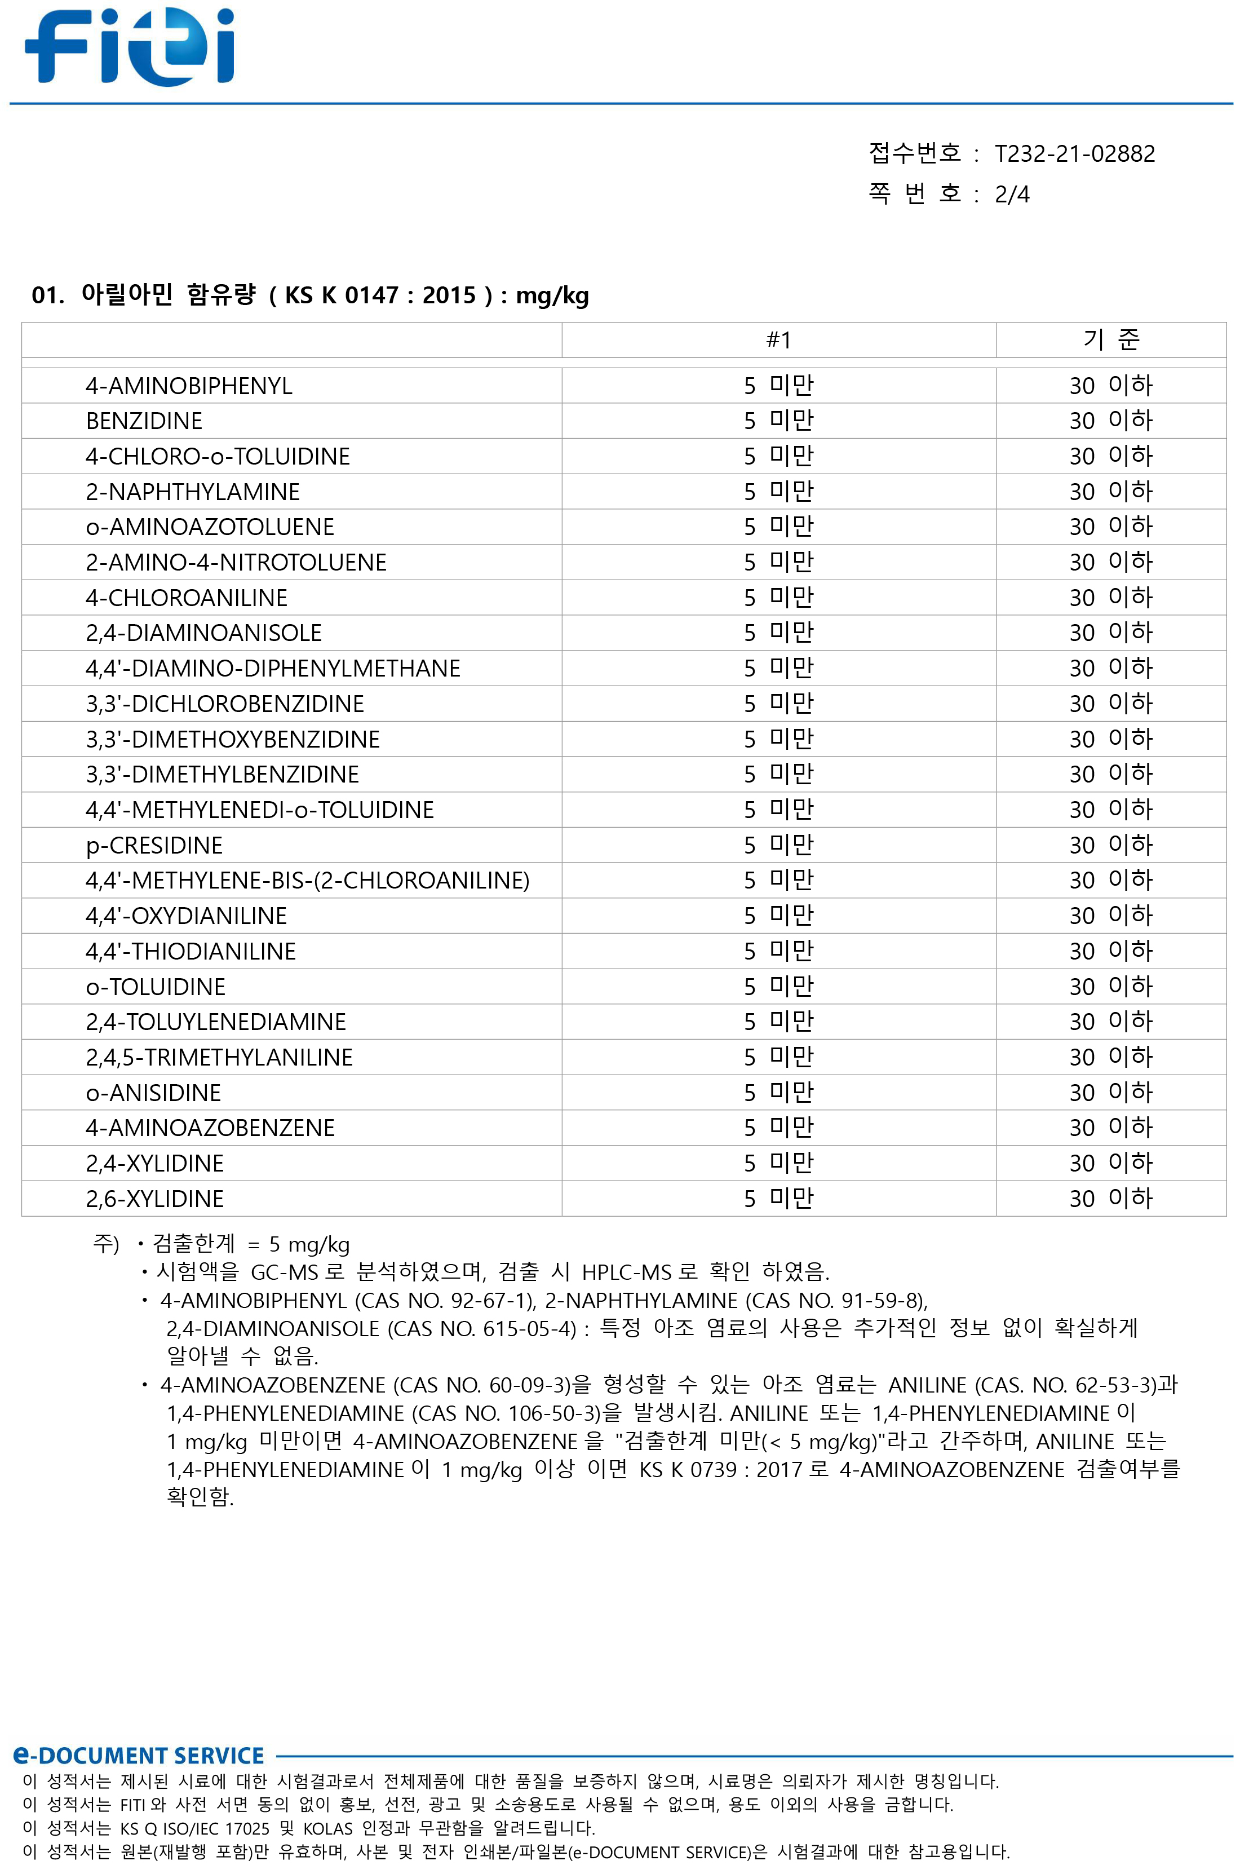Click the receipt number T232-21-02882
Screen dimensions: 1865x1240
coord(1074,153)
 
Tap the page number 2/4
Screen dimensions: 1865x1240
coord(1012,195)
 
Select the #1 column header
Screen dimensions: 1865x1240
coord(778,340)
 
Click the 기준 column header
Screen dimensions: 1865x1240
coord(1110,340)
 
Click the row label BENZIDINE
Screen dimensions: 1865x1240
coord(144,421)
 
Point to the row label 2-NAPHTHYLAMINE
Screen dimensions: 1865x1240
coord(192,492)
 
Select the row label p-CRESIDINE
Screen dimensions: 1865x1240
coord(154,846)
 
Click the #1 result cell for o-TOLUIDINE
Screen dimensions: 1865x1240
coord(778,986)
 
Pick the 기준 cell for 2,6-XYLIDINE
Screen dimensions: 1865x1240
coord(1110,1198)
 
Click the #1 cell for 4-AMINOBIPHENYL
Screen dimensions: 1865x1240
coord(778,386)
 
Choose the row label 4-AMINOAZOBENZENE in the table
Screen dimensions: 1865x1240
coord(210,1128)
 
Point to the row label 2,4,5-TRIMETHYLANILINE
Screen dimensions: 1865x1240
coord(219,1058)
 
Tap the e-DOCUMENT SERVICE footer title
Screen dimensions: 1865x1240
coord(139,1756)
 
